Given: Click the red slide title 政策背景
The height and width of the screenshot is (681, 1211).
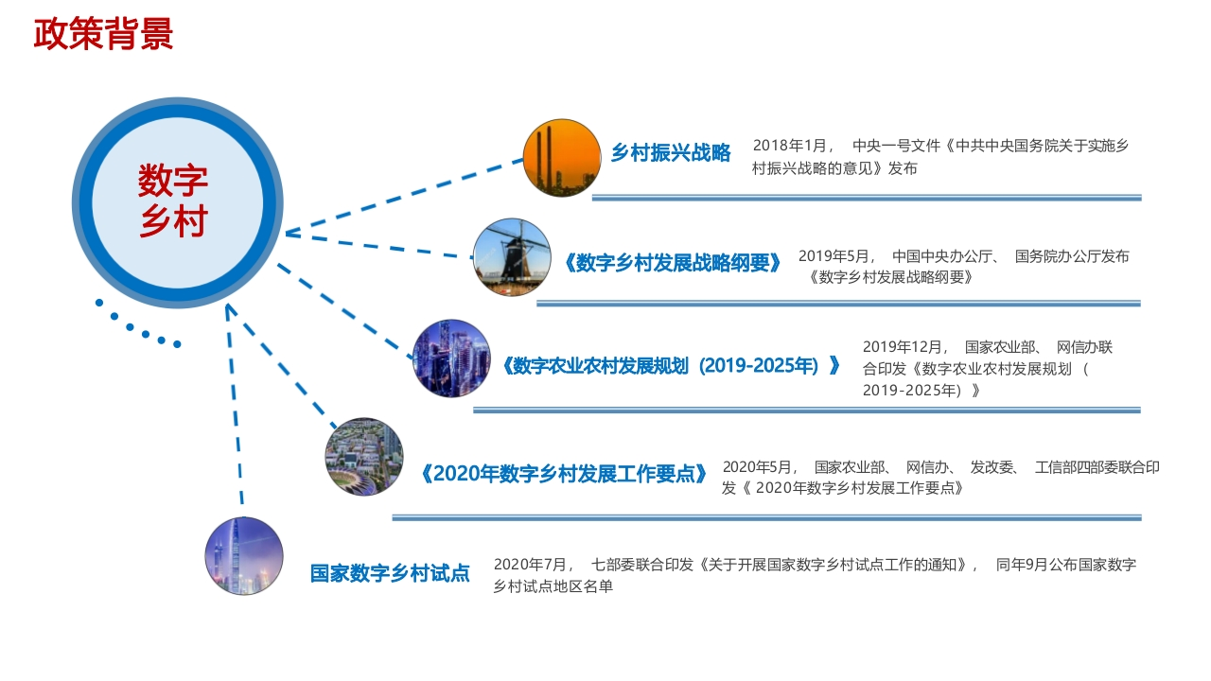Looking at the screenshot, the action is tap(103, 33).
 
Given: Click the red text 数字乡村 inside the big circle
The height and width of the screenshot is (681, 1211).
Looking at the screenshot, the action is tap(173, 201).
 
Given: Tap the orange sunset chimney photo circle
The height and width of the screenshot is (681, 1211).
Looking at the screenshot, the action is tap(562, 158).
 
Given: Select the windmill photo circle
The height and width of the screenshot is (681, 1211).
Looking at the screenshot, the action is tap(512, 257).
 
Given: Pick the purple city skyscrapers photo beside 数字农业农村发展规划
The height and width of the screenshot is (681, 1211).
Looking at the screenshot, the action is tap(451, 358).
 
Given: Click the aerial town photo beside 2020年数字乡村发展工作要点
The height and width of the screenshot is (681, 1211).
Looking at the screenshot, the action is tap(364, 457).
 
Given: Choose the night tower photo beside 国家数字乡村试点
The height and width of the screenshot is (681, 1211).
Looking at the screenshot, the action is tap(244, 556).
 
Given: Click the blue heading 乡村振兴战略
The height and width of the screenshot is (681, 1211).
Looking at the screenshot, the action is tap(671, 153).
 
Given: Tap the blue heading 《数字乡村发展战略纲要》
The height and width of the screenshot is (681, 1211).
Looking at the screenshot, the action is tap(673, 263).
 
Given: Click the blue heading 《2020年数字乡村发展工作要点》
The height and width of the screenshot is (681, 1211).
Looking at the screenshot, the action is tap(563, 474).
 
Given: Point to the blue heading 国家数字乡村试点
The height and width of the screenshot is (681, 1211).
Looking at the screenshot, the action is tap(390, 573).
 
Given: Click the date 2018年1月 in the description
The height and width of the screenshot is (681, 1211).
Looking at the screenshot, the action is tap(790, 146).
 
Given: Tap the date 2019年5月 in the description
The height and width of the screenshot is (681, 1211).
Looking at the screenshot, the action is tap(834, 255).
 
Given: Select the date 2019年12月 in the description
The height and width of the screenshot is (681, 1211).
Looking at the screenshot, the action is tap(903, 346).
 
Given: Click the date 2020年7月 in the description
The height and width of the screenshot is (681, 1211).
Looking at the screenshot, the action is tap(531, 565).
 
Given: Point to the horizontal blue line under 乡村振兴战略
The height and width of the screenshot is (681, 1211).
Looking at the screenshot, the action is tap(867, 198).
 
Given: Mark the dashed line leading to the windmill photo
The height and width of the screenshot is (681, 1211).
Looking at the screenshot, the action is tap(379, 245).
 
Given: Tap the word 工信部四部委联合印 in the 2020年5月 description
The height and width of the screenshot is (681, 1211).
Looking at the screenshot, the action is tap(1097, 467).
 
